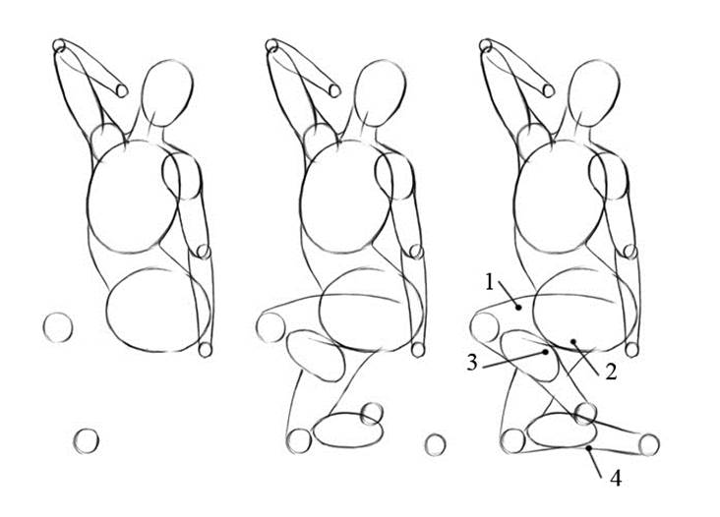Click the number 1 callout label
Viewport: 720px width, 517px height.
490,282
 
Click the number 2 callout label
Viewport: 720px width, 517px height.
610,372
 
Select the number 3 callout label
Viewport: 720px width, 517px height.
472,363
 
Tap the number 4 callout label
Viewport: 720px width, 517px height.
616,479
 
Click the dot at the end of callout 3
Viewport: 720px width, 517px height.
546,352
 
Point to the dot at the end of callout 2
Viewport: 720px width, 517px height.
573,342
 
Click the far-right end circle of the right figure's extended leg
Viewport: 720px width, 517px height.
649,444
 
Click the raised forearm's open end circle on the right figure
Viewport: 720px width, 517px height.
549,90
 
